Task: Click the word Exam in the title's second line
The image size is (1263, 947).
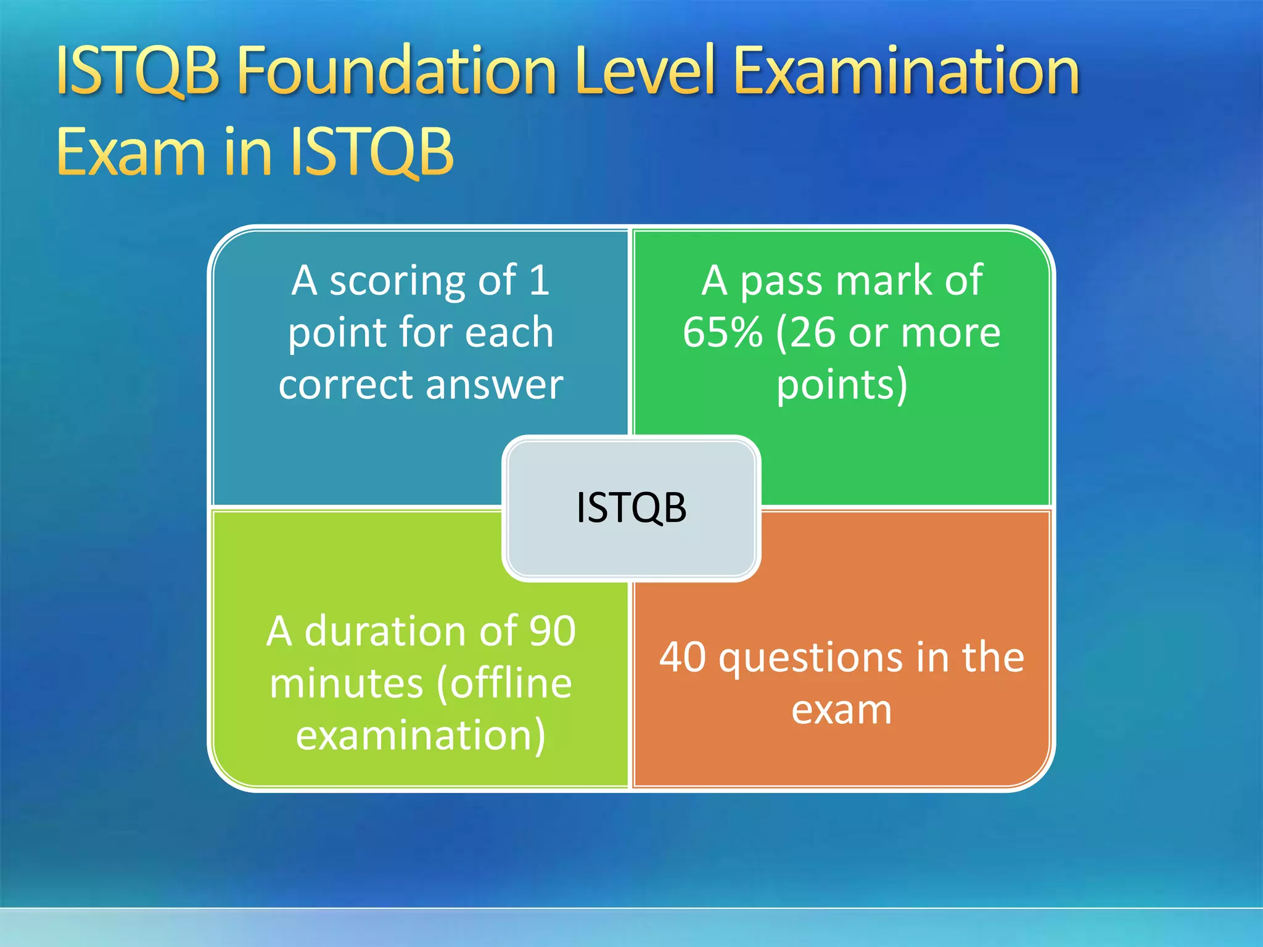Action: pos(130,152)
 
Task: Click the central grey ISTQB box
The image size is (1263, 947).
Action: pos(631,508)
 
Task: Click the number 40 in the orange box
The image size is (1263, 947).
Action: pos(682,657)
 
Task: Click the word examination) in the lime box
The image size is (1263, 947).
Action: pos(421,736)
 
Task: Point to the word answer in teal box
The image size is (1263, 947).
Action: pos(494,385)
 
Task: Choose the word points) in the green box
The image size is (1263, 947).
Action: pos(842,385)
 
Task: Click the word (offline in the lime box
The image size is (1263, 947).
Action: pos(504,684)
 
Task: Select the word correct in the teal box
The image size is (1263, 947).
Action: pos(345,385)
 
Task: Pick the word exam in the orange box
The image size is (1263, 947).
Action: pos(841,710)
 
